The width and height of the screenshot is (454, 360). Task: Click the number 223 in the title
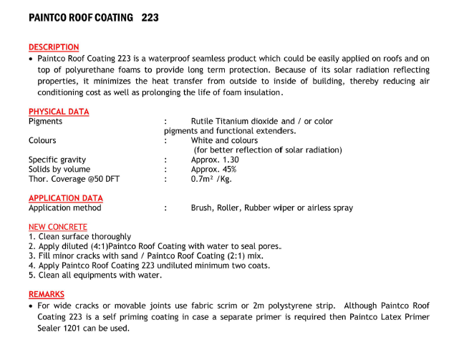[x=149, y=16]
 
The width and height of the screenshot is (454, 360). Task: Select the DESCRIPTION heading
[x=54, y=47]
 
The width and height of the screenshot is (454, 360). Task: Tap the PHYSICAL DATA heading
[x=59, y=112]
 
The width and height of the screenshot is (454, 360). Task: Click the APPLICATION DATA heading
[x=65, y=198]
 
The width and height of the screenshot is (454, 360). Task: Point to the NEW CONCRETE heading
[x=58, y=227]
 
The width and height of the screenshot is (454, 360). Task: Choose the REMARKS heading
[x=46, y=294]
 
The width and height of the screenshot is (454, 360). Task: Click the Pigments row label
[x=45, y=122]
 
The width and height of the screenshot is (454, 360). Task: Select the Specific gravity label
[x=57, y=160]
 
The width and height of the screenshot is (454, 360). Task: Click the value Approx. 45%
[x=213, y=170]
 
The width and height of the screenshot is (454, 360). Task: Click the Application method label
[x=64, y=208]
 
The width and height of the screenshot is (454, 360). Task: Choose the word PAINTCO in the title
[x=51, y=16]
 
